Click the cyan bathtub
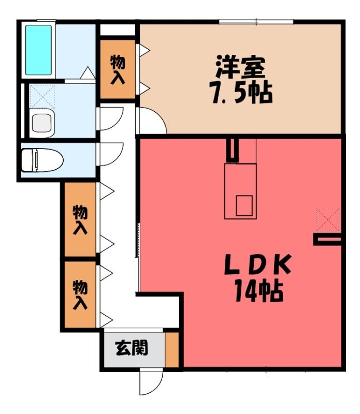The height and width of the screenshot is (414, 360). click(38, 50)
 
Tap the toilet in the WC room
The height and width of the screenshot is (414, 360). click(42, 160)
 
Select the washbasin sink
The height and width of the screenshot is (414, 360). click(42, 123)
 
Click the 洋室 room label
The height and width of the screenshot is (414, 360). click(240, 67)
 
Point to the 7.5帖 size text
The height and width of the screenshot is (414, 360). click(240, 93)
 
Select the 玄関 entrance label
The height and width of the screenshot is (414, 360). click(132, 348)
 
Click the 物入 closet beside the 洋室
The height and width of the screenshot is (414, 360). click(118, 69)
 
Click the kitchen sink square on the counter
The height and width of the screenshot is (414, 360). click(244, 205)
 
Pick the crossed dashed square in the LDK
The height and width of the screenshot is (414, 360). click(328, 220)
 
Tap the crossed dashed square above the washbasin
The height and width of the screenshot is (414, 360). click(42, 96)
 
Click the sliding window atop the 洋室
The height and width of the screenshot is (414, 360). click(256, 22)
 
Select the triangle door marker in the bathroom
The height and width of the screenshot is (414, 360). click(88, 72)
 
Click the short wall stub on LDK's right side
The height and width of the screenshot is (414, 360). click(327, 240)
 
